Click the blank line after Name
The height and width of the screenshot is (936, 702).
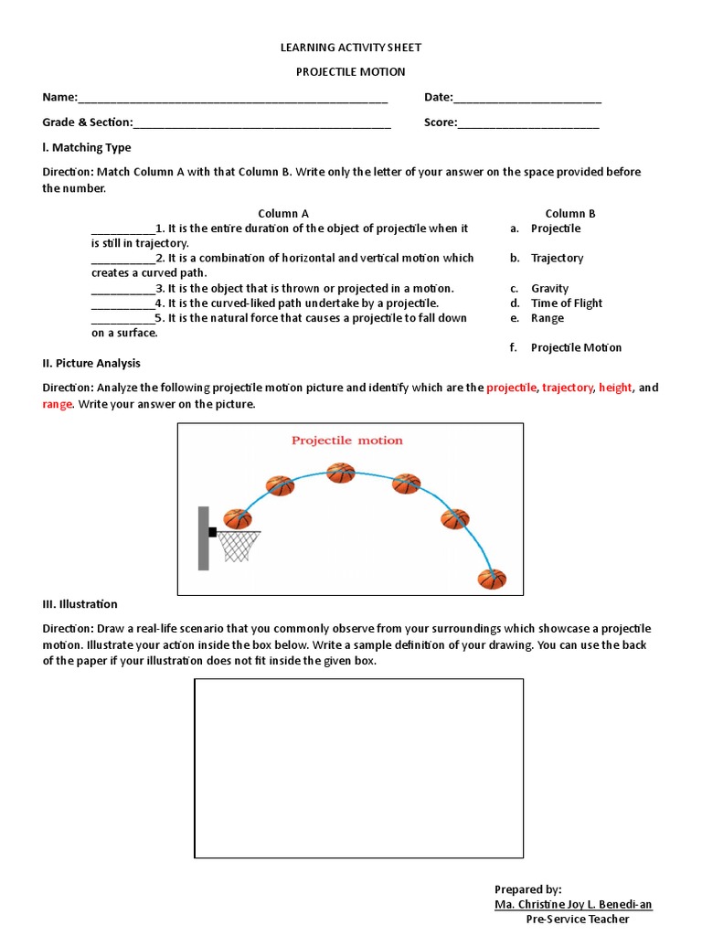[x=233, y=99]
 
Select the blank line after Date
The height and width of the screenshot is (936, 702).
[x=527, y=99]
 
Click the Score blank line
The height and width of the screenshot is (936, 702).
[x=528, y=122]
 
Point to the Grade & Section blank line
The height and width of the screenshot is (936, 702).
[x=262, y=122]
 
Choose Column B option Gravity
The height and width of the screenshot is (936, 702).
[x=549, y=288]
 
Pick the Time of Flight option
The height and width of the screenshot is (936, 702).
[x=566, y=303]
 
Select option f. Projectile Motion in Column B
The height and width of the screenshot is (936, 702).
[x=575, y=347]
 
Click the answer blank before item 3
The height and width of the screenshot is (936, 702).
[x=122, y=289]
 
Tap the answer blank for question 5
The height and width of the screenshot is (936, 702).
[x=122, y=319]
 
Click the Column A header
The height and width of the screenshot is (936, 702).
[x=282, y=214]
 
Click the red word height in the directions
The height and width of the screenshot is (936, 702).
[x=615, y=388]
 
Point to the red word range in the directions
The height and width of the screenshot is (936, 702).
[x=57, y=403]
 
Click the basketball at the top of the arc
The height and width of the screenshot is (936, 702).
[x=340, y=473]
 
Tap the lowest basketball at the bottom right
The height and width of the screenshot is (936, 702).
[x=492, y=579]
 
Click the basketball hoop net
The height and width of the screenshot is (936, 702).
[x=239, y=547]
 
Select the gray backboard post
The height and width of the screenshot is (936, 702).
[x=203, y=538]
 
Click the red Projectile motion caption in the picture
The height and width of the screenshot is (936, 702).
[x=346, y=440]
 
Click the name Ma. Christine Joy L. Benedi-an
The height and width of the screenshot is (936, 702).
[x=573, y=904]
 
